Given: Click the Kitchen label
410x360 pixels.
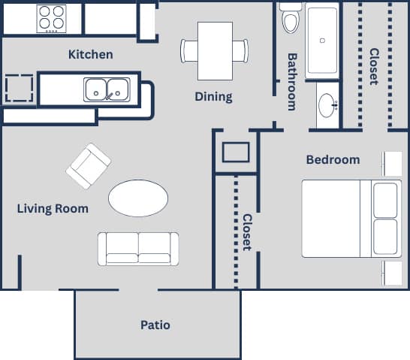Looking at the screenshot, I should [x=90, y=54].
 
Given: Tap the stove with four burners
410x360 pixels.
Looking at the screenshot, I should [x=52, y=18].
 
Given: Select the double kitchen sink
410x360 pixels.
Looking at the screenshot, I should [x=106, y=89].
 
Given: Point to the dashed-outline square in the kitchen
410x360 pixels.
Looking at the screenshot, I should [x=20, y=89].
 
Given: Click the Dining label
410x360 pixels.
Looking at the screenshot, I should [x=213, y=96].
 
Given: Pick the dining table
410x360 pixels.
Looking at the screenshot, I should [x=215, y=51].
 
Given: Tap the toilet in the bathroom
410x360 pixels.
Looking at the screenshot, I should [x=291, y=18].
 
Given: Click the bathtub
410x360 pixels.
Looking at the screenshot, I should [x=321, y=41].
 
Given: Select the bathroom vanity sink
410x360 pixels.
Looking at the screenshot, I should [x=327, y=106].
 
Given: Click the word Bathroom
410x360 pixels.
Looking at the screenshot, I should [x=292, y=81].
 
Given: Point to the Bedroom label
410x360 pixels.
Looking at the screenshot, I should [x=333, y=159].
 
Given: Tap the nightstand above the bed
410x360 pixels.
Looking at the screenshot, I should [x=393, y=164].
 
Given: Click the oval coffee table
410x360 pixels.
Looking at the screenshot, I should [x=138, y=198].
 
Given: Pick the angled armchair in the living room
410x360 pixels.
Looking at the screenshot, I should [x=88, y=166].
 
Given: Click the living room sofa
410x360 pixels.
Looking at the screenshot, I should [x=138, y=248].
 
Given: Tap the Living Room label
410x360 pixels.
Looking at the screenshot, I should [x=53, y=208].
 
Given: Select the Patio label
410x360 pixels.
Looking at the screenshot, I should [x=155, y=325].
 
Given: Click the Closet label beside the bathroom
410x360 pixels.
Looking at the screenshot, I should [x=373, y=67].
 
